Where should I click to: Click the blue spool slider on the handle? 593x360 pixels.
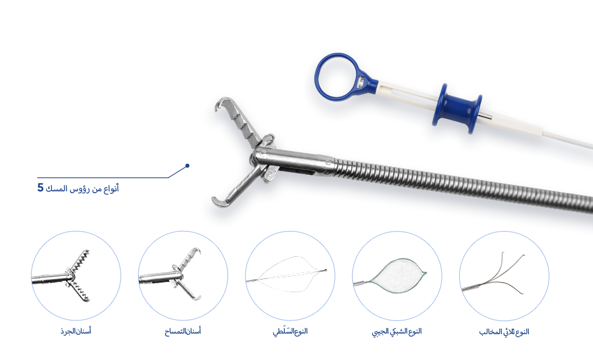point(457,109)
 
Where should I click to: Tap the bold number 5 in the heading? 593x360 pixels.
point(40,188)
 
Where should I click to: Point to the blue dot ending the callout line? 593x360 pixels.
point(187,166)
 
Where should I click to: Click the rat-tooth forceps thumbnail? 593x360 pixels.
point(76,275)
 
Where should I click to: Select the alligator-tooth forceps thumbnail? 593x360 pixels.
point(183,275)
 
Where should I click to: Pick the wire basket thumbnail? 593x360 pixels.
point(290,275)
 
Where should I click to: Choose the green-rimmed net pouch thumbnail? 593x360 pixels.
point(397,275)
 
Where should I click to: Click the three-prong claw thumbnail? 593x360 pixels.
point(504,275)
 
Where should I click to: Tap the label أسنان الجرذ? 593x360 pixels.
point(76,331)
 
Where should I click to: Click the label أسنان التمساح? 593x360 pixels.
point(182,331)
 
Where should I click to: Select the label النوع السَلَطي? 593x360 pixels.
point(290,332)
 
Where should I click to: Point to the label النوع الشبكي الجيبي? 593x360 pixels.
point(397,332)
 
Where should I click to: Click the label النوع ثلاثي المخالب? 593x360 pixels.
point(504,332)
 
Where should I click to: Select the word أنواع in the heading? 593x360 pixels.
point(111,188)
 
